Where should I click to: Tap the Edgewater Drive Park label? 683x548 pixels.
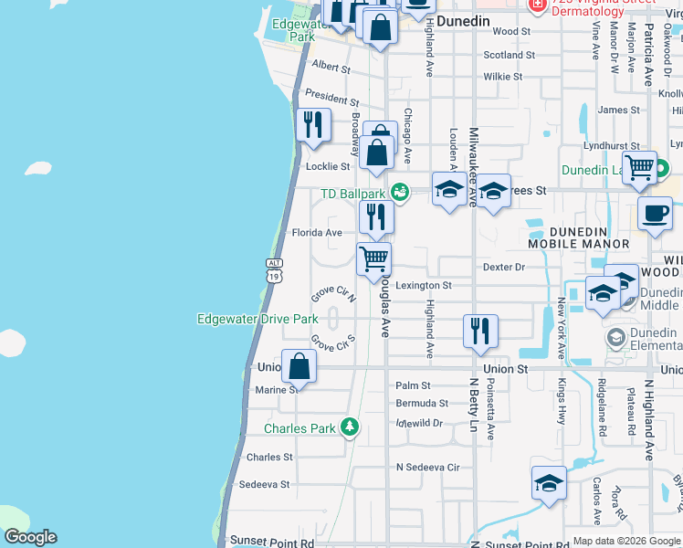[x=257, y=319]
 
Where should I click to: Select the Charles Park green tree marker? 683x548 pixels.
[x=349, y=427]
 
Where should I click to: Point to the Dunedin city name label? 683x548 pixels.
[x=463, y=20]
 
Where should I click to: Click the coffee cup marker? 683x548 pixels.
[x=654, y=214]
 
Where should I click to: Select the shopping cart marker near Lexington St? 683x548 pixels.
[x=373, y=258]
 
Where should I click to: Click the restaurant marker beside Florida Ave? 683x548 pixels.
[x=375, y=217]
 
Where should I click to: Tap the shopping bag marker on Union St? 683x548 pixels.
[x=299, y=367]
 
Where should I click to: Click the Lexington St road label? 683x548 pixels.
[x=422, y=286]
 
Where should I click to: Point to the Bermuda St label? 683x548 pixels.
[x=422, y=403]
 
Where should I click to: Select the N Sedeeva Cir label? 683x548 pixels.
[x=427, y=466]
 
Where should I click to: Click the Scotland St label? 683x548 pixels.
[x=509, y=55]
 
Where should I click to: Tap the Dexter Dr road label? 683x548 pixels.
[x=504, y=268]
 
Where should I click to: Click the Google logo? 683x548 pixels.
[x=29, y=537]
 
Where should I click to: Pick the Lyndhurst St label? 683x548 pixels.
[x=611, y=146]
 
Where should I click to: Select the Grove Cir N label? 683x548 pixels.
[x=332, y=294]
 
